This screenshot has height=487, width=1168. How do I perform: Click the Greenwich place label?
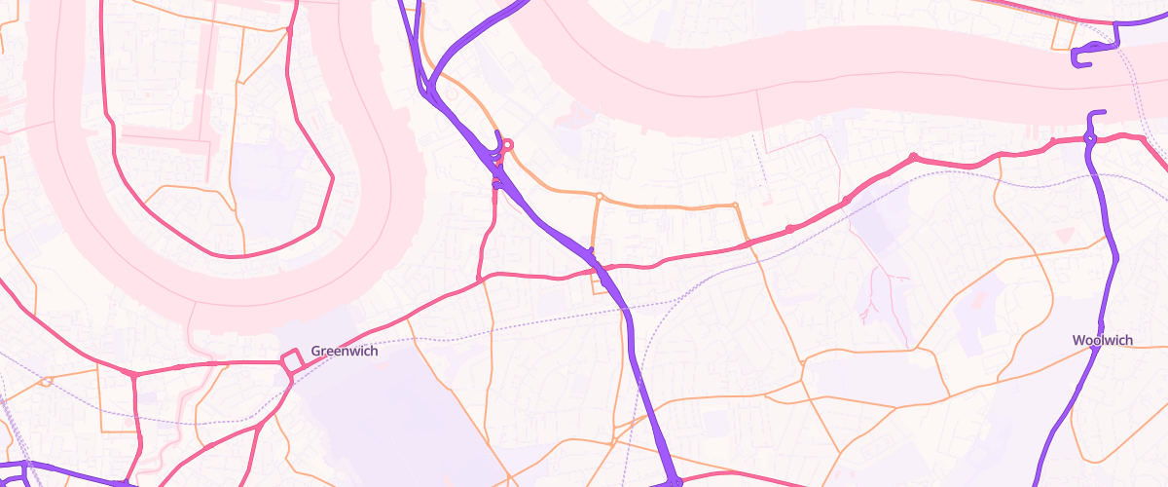(344, 351)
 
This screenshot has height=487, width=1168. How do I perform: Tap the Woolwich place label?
(1102, 340)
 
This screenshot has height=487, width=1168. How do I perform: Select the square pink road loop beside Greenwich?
(291, 361)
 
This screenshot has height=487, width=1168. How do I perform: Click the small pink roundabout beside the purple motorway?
(507, 146)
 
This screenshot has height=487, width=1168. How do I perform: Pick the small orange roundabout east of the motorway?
(600, 198)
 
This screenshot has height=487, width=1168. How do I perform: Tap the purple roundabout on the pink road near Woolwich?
(1090, 139)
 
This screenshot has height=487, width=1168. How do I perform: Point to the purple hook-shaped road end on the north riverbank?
(1079, 59)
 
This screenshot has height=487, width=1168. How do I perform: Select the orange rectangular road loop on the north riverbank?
(1063, 35)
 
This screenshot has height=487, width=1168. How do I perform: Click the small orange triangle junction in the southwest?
(45, 381)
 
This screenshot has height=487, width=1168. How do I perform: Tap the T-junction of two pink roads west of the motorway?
(481, 281)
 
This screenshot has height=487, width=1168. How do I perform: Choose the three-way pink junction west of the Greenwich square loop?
(133, 373)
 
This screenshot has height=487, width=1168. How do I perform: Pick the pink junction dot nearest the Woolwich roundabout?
(1053, 143)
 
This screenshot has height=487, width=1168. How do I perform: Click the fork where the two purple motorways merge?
(434, 93)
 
